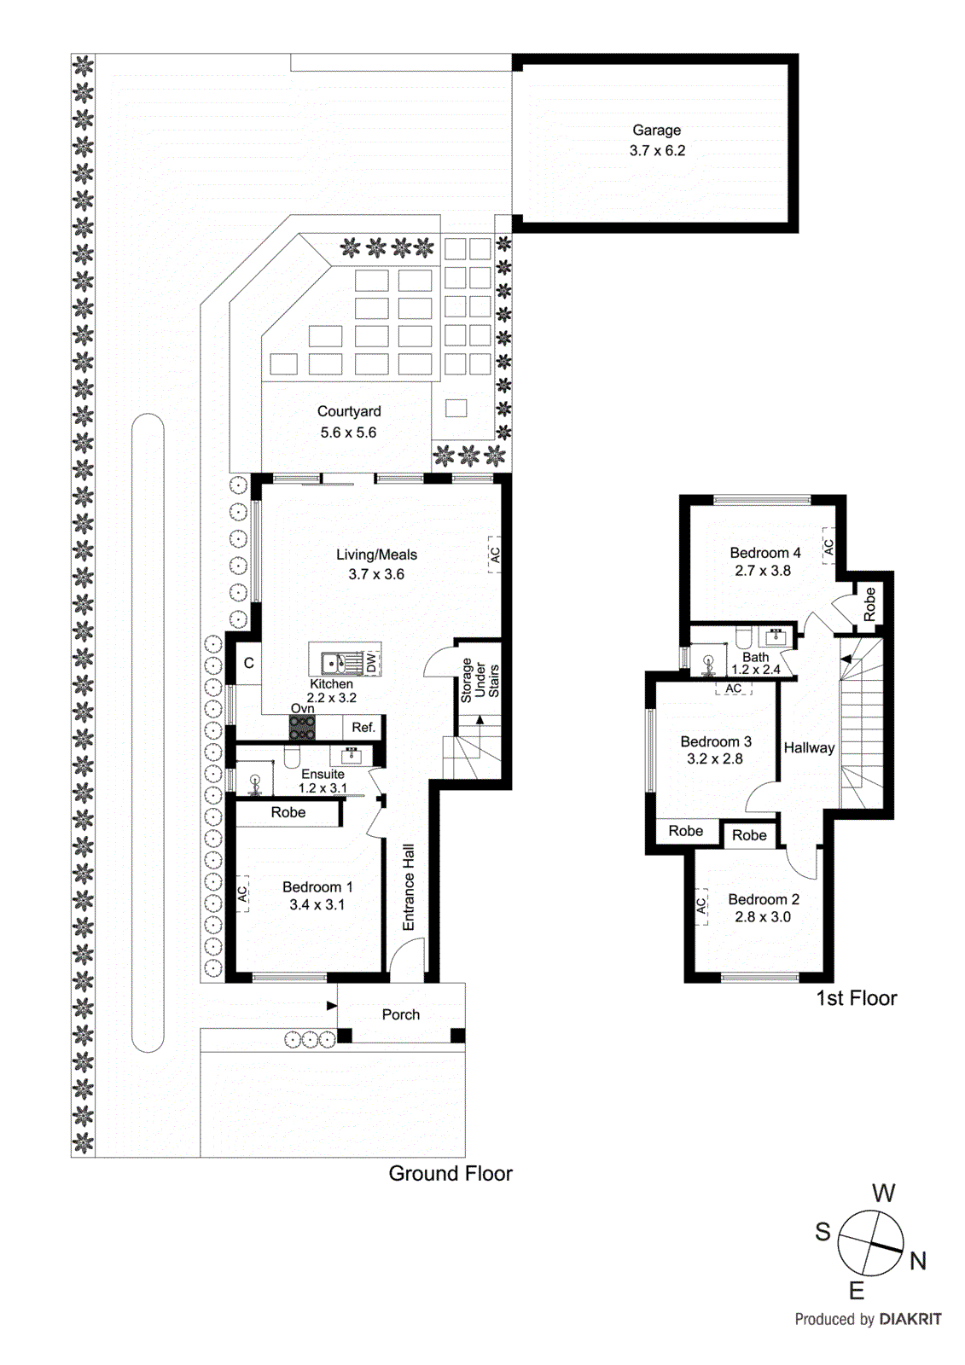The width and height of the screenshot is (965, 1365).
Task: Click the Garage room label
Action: click(656, 131)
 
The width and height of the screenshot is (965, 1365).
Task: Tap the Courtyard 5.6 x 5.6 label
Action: click(348, 422)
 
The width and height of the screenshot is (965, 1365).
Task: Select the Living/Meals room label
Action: click(376, 555)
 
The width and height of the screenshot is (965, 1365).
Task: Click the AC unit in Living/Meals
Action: click(494, 555)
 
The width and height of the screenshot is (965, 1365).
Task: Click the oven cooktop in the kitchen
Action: click(302, 728)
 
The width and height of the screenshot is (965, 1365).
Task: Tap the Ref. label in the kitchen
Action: click(363, 728)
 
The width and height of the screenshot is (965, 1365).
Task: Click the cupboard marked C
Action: click(248, 663)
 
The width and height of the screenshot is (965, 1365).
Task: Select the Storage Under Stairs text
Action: click(480, 680)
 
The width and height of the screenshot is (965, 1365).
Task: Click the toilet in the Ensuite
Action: click(292, 758)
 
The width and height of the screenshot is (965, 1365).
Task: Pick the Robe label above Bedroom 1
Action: click(288, 813)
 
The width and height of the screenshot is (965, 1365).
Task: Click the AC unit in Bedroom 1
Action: click(242, 893)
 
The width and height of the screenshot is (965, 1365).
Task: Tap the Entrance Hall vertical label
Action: click(409, 887)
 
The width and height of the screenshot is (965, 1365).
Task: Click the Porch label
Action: click(400, 1015)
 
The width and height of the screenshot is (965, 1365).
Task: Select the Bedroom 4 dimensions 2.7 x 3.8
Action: click(763, 571)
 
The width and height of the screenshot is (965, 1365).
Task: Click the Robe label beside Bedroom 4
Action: click(869, 604)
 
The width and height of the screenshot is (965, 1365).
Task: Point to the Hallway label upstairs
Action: click(809, 748)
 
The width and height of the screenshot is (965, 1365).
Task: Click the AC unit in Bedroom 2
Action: click(701, 906)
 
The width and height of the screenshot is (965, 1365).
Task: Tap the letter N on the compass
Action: click(917, 1261)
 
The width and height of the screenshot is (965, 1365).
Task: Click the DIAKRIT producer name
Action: click(910, 1319)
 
